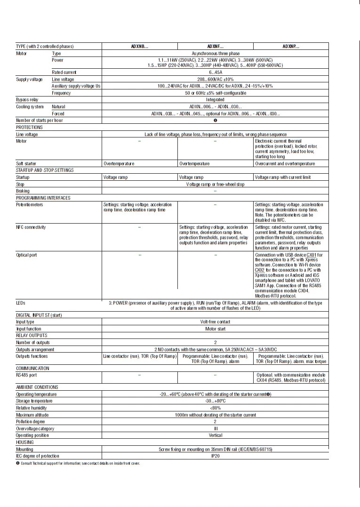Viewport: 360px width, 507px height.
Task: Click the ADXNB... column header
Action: (x=140, y=46)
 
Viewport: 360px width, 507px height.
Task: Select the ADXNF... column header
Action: (x=215, y=46)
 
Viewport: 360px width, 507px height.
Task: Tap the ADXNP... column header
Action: (x=290, y=46)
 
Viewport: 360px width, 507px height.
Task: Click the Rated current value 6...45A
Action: (x=215, y=72)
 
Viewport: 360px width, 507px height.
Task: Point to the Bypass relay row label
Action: (x=27, y=100)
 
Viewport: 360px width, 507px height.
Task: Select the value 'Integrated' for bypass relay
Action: (x=215, y=100)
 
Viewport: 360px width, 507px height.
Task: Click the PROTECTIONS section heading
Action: (x=29, y=127)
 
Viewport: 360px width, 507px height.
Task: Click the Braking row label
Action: (x=23, y=191)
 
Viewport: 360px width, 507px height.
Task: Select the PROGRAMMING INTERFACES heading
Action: (x=43, y=198)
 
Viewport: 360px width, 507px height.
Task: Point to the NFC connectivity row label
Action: (x=31, y=227)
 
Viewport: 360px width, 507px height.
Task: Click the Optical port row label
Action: (x=26, y=255)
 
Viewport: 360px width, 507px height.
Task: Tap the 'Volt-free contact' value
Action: (x=215, y=322)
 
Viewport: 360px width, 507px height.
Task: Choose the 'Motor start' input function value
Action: (x=215, y=329)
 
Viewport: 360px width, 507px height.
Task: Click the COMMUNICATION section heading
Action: (x=32, y=368)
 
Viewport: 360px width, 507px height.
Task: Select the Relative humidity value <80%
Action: (x=215, y=408)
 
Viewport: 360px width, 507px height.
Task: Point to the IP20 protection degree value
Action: (x=215, y=456)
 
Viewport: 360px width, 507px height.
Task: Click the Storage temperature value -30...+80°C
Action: (x=215, y=401)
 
